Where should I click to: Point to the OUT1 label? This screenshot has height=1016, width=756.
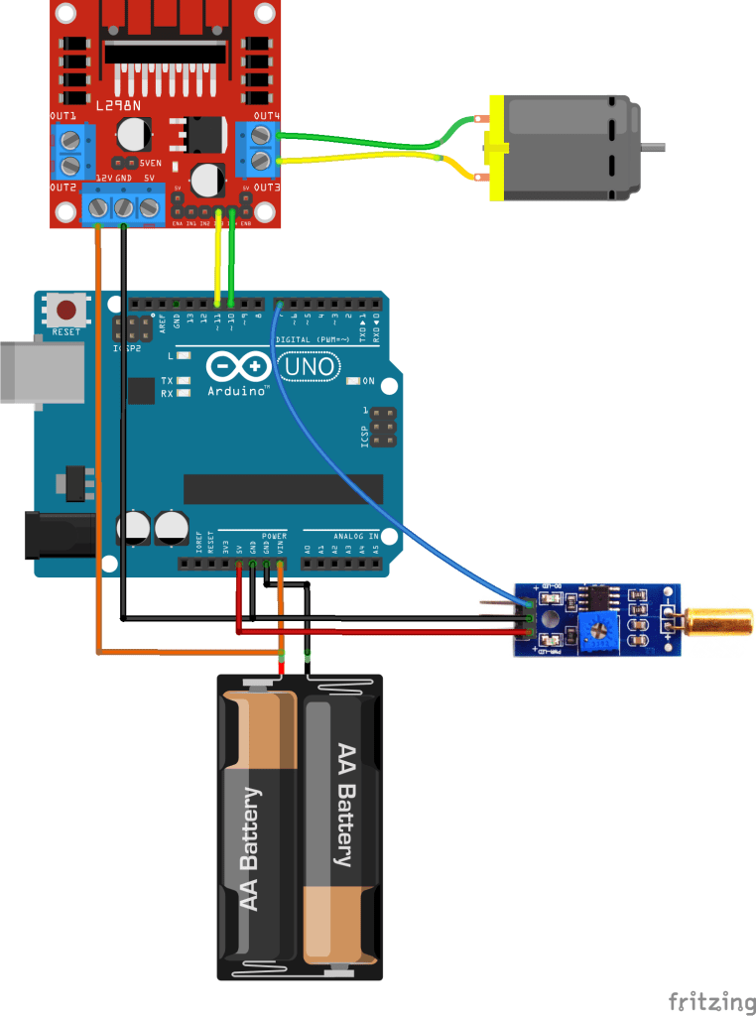[64, 116]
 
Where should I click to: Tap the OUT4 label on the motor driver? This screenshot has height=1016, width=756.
[266, 116]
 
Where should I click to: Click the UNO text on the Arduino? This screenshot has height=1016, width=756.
[309, 369]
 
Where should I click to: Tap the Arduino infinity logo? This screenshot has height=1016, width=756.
[239, 368]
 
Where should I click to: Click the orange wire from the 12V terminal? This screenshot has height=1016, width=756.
[97, 446]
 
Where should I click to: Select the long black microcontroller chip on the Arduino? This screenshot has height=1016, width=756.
[283, 488]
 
